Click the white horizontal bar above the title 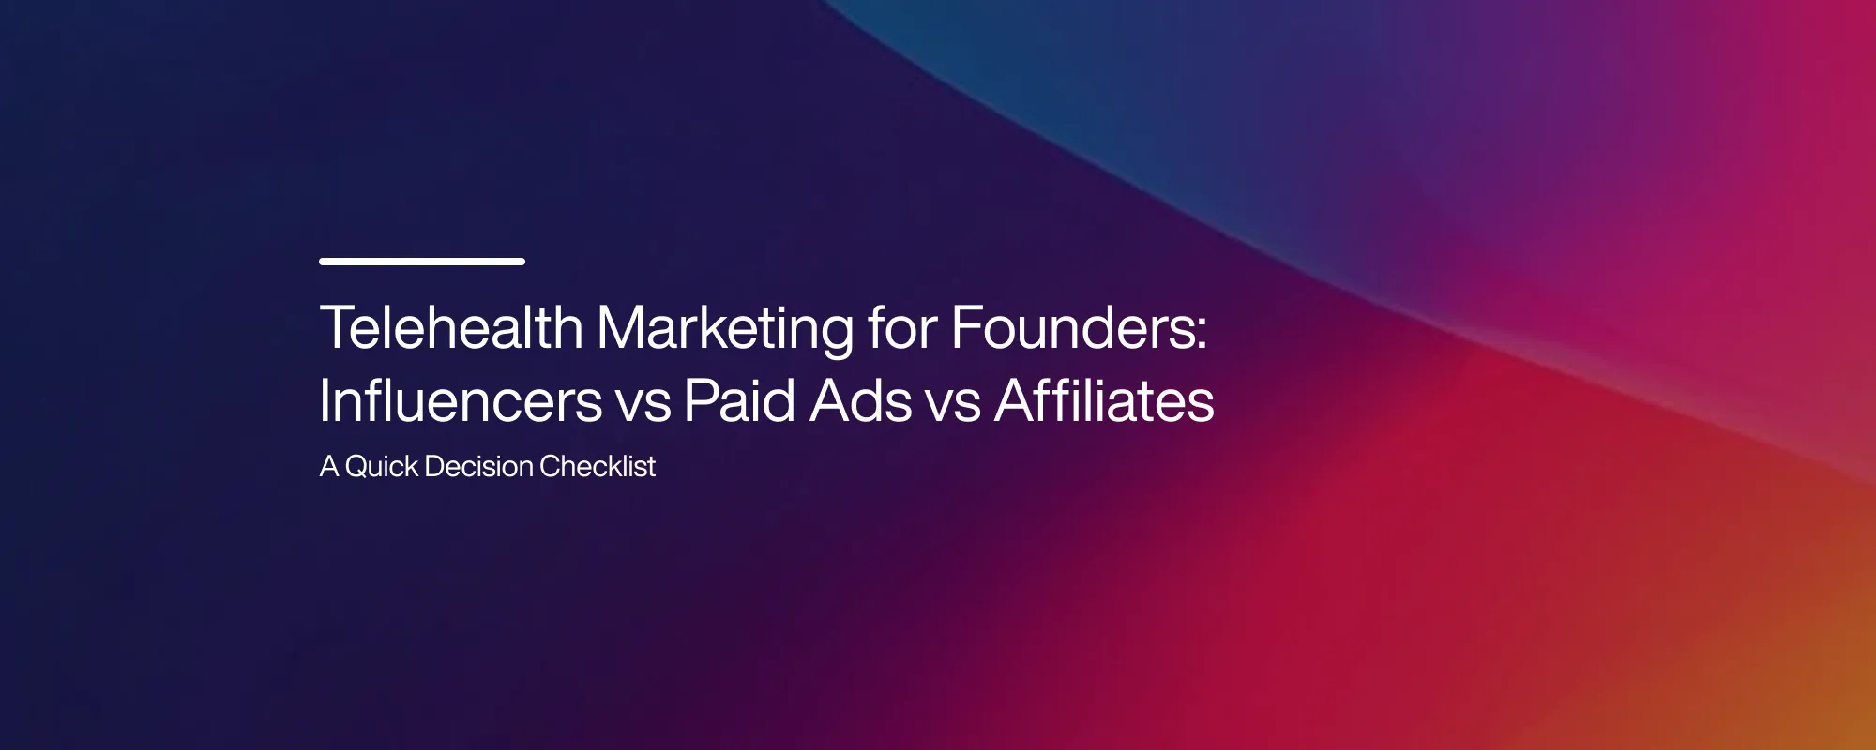pyautogui.click(x=421, y=262)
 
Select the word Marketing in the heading pyautogui.click(x=725, y=328)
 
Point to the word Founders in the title pyautogui.click(x=1072, y=328)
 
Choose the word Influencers pyautogui.click(x=461, y=401)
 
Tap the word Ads pyautogui.click(x=861, y=401)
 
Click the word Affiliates pyautogui.click(x=1104, y=401)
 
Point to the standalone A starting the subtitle pyautogui.click(x=328, y=466)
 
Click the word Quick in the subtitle pyautogui.click(x=382, y=466)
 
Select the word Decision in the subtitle pyautogui.click(x=478, y=466)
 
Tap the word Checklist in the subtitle pyautogui.click(x=598, y=466)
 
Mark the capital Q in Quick pyautogui.click(x=357, y=466)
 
